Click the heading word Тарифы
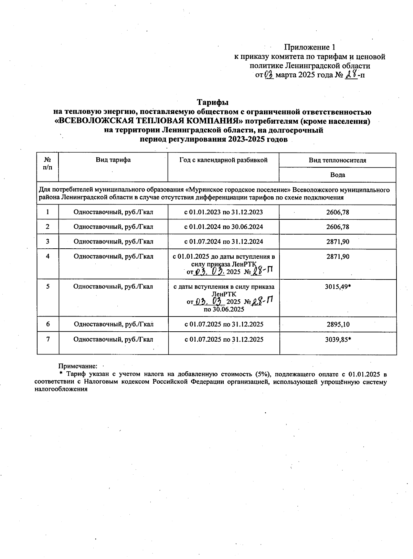tap(213, 103)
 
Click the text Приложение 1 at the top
tap(309, 47)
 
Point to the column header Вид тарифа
tap(113, 160)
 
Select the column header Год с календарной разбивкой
tap(223, 160)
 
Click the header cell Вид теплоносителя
tap(337, 160)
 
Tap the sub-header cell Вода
tap(337, 175)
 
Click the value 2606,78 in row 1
tap(338, 212)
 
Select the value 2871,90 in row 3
tap(338, 242)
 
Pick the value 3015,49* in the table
tap(338, 287)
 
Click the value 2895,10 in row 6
tap(338, 324)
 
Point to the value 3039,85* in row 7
tap(338, 340)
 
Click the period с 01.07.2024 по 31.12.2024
tap(224, 242)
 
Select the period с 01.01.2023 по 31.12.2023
tap(224, 212)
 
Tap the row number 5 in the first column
tap(48, 287)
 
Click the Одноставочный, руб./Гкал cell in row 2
tap(113, 227)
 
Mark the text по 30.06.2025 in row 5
tap(224, 309)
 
